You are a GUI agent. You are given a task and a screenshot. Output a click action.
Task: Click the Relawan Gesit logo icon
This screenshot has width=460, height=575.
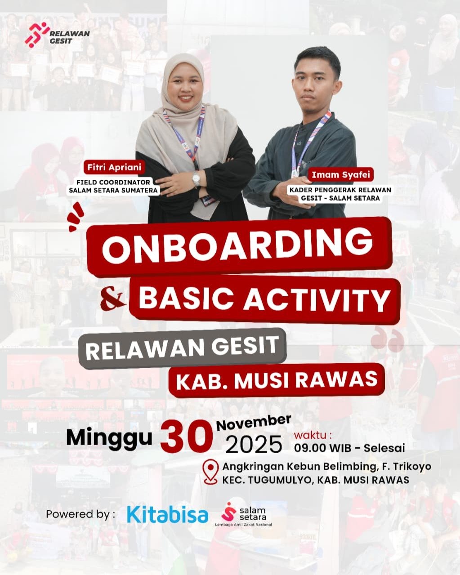pyautogui.click(x=37, y=35)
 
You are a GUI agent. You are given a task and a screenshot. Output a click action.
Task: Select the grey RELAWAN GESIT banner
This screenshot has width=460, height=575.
pyautogui.click(x=182, y=348)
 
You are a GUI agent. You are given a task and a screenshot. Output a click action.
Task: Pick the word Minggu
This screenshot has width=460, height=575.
pyautogui.click(x=109, y=437)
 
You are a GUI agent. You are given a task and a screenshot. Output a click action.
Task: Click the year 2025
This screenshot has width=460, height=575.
pyautogui.click(x=254, y=445)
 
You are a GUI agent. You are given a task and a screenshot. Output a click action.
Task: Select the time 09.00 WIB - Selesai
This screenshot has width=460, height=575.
pyautogui.click(x=350, y=448)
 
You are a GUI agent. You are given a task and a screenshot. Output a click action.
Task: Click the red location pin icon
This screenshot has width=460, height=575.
pyautogui.click(x=210, y=471)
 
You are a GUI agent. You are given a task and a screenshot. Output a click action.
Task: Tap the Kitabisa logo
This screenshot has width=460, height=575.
pyautogui.click(x=167, y=515)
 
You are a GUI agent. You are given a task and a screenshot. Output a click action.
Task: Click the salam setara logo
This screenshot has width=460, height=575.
pyautogui.click(x=246, y=514)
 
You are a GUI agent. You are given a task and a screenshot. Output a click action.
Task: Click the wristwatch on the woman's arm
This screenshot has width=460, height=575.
pyautogui.click(x=196, y=179)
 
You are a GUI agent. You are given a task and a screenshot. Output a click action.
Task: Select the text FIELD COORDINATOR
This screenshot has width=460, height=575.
pyautogui.click(x=113, y=182)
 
